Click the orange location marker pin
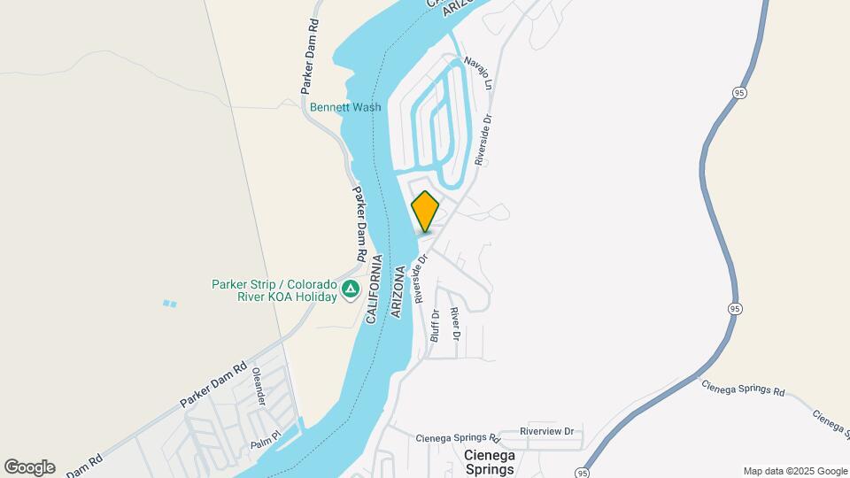click(425, 212)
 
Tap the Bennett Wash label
click(345, 108)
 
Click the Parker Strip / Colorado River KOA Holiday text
click(274, 290)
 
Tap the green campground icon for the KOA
click(351, 289)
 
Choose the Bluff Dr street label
click(435, 326)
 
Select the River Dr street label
click(454, 324)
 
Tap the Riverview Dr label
click(546, 432)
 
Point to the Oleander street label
click(259, 387)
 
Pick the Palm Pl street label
click(265, 436)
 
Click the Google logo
click(29, 467)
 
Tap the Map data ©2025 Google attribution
click(795, 471)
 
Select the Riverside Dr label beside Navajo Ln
click(483, 138)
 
